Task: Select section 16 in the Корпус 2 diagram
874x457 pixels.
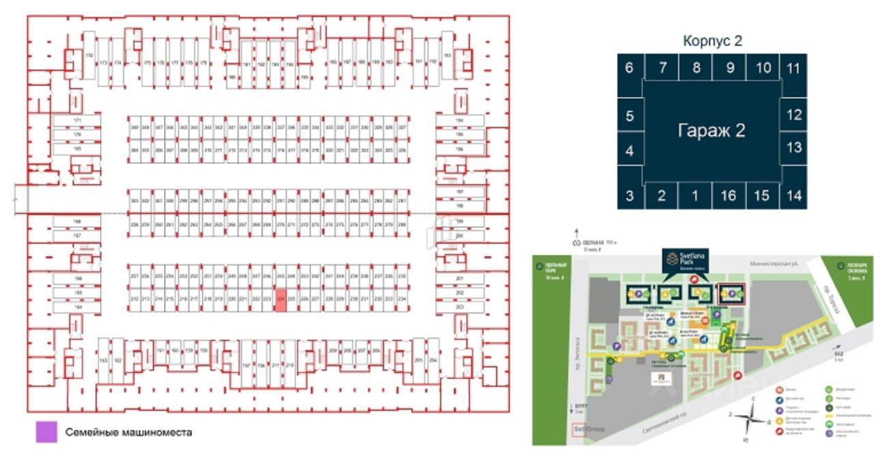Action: click(728, 196)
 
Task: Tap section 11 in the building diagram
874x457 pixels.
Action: click(793, 68)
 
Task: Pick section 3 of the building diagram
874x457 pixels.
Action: click(630, 196)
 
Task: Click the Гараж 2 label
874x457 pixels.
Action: click(711, 131)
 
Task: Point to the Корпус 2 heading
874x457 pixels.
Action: click(712, 41)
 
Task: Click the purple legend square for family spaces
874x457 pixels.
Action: click(46, 432)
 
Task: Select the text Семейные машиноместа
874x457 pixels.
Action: click(129, 432)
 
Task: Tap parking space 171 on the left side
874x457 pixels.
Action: click(77, 121)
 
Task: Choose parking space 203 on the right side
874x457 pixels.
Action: click(460, 307)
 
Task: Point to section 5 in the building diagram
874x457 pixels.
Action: click(630, 116)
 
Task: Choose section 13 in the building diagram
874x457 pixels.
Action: click(793, 147)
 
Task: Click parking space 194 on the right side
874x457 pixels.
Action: click(460, 121)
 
